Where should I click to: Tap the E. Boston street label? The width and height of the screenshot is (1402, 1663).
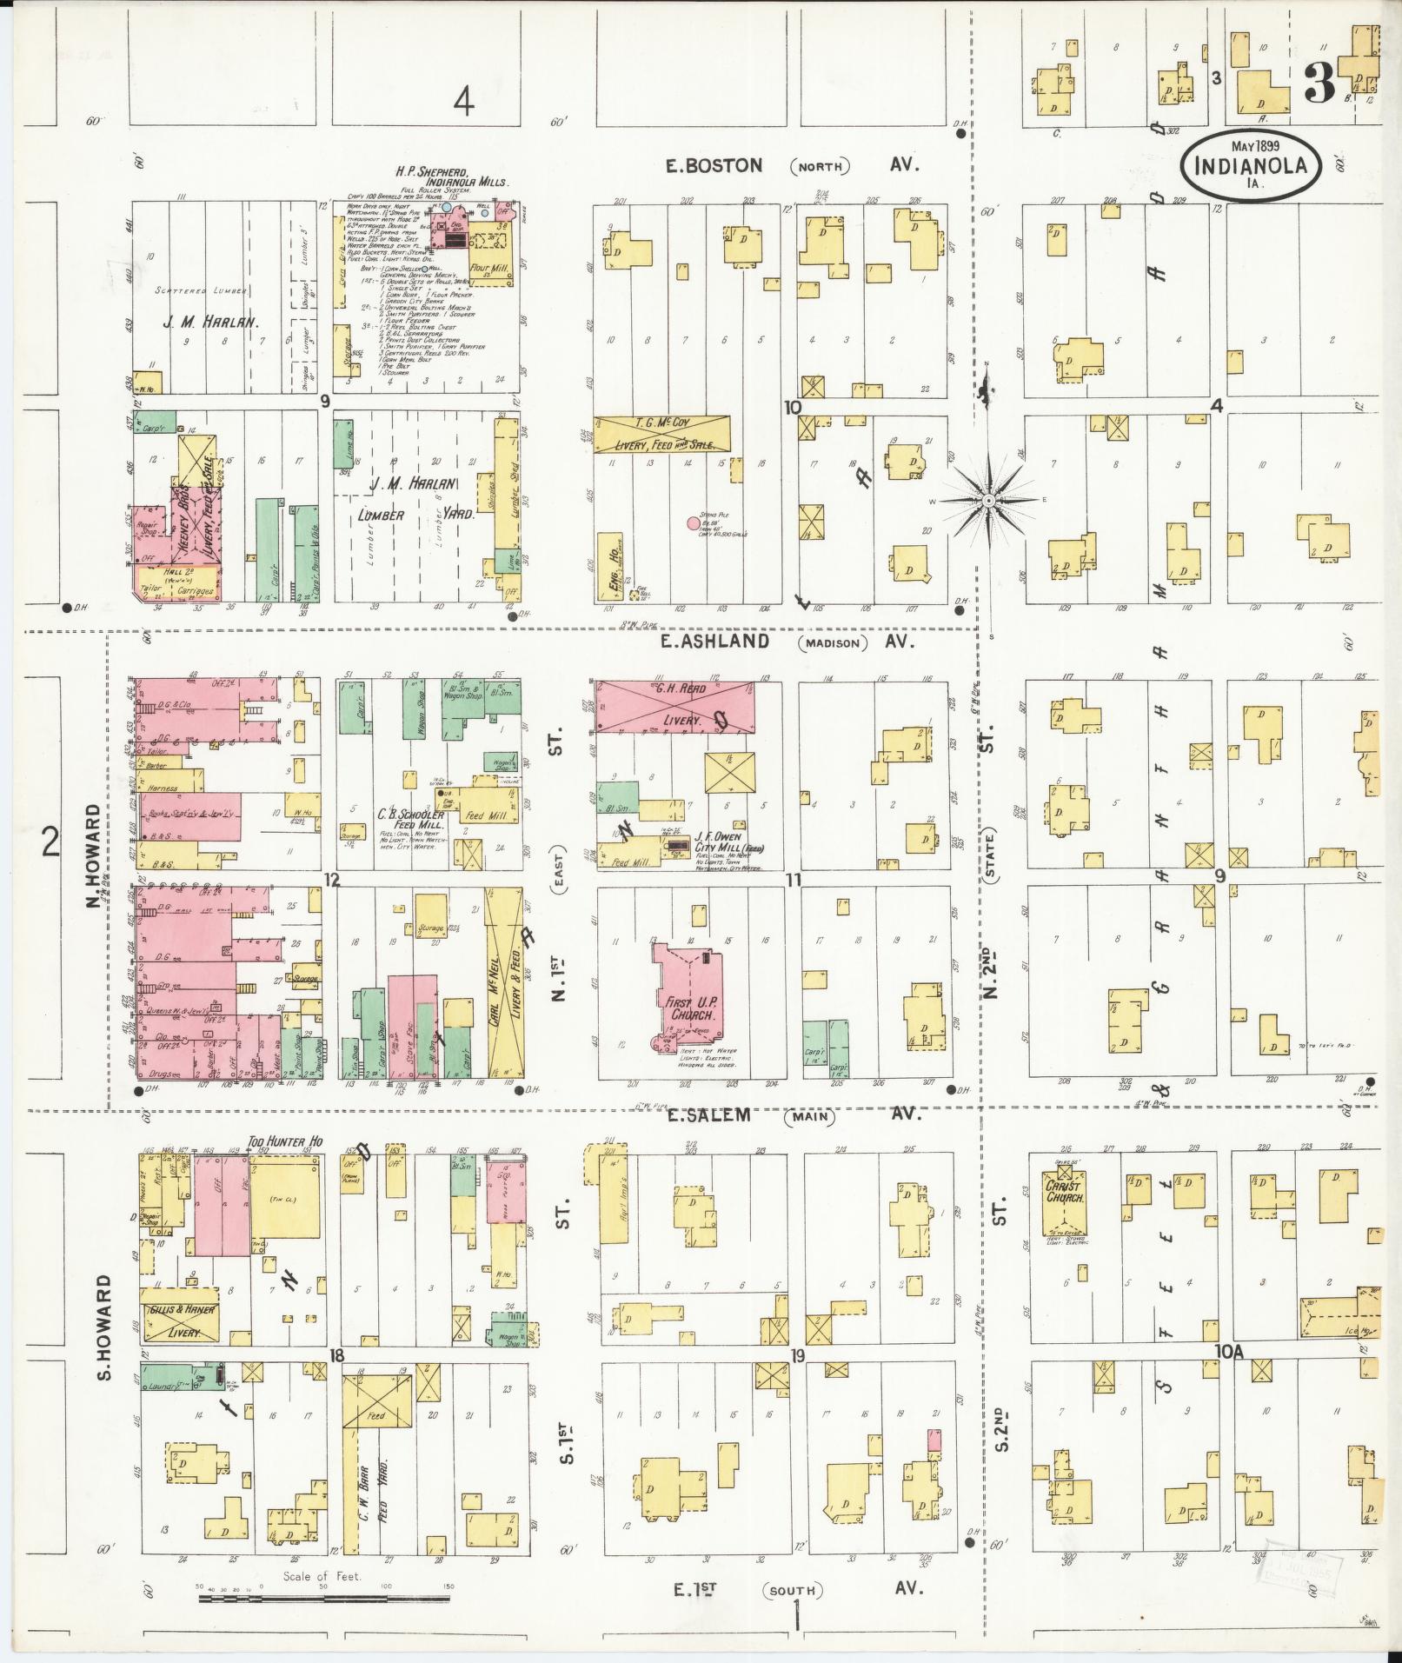(x=710, y=165)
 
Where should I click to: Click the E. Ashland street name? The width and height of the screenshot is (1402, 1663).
(x=714, y=642)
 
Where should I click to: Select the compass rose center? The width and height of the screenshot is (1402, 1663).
(x=989, y=502)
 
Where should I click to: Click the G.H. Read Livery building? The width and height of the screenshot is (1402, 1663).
(x=674, y=706)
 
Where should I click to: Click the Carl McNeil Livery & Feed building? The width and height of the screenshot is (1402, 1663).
(x=505, y=982)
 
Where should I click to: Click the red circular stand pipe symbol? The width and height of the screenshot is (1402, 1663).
(x=693, y=523)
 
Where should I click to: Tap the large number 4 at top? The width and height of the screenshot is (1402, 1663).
(x=464, y=104)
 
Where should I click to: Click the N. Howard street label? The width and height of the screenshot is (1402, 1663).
(x=95, y=855)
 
